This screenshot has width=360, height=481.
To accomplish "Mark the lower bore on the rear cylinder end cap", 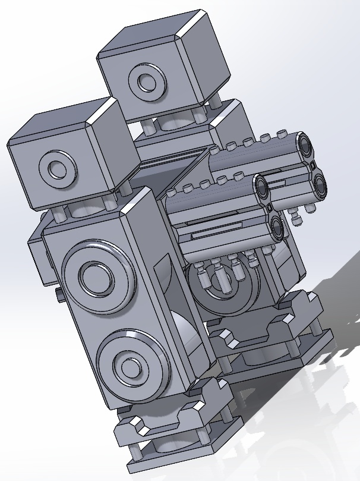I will click(x=318, y=184).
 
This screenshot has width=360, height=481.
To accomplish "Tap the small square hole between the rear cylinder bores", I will click(x=311, y=165).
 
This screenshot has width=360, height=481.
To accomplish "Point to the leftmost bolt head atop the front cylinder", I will click(x=172, y=192).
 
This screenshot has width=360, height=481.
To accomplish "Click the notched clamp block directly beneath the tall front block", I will click(x=178, y=410).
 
